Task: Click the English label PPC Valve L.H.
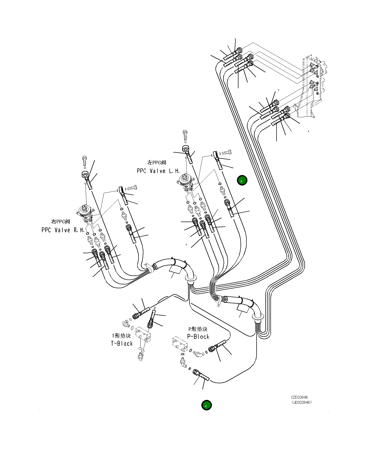pos(158,171)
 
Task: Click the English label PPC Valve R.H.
pos(63,230)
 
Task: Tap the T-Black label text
pos(122,344)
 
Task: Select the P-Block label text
pos(198,337)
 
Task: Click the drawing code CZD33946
pos(299,397)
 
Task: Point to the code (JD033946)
pos(302,402)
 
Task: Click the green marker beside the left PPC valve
pos(242,181)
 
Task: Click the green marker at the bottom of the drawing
pos(206,405)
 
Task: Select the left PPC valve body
pos(186,182)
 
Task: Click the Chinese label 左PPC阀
pos(157,163)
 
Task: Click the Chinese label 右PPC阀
pos(61,222)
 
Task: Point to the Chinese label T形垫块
pos(121,336)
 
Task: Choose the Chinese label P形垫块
pos(198,329)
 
